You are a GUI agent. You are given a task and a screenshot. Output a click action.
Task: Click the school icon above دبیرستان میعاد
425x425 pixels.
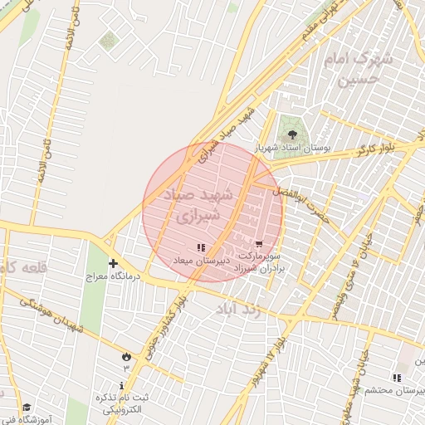click(200, 247)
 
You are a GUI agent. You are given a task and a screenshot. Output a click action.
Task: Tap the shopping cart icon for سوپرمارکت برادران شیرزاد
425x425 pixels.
click(260, 244)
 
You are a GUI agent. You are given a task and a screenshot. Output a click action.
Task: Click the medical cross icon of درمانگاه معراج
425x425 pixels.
click(113, 263)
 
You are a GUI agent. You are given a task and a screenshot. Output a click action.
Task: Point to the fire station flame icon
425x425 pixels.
click(126, 355)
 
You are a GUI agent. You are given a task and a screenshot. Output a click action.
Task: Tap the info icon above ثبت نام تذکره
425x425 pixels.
click(123, 385)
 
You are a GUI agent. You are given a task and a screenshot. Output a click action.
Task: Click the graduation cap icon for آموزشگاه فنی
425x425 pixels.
click(27, 408)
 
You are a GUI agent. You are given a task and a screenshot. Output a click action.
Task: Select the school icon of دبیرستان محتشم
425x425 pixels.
click(396, 378)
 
